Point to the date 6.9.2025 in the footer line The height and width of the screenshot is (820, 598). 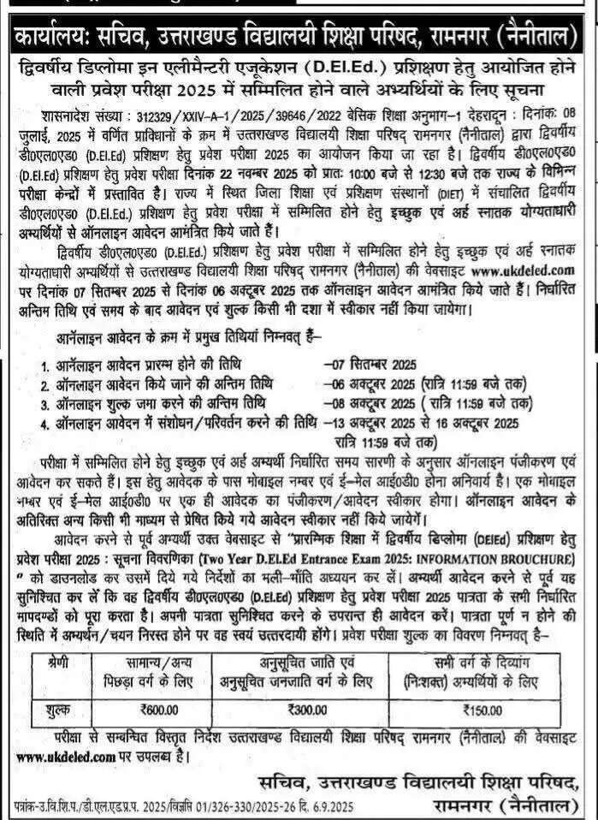pyautogui.click(x=322, y=806)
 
